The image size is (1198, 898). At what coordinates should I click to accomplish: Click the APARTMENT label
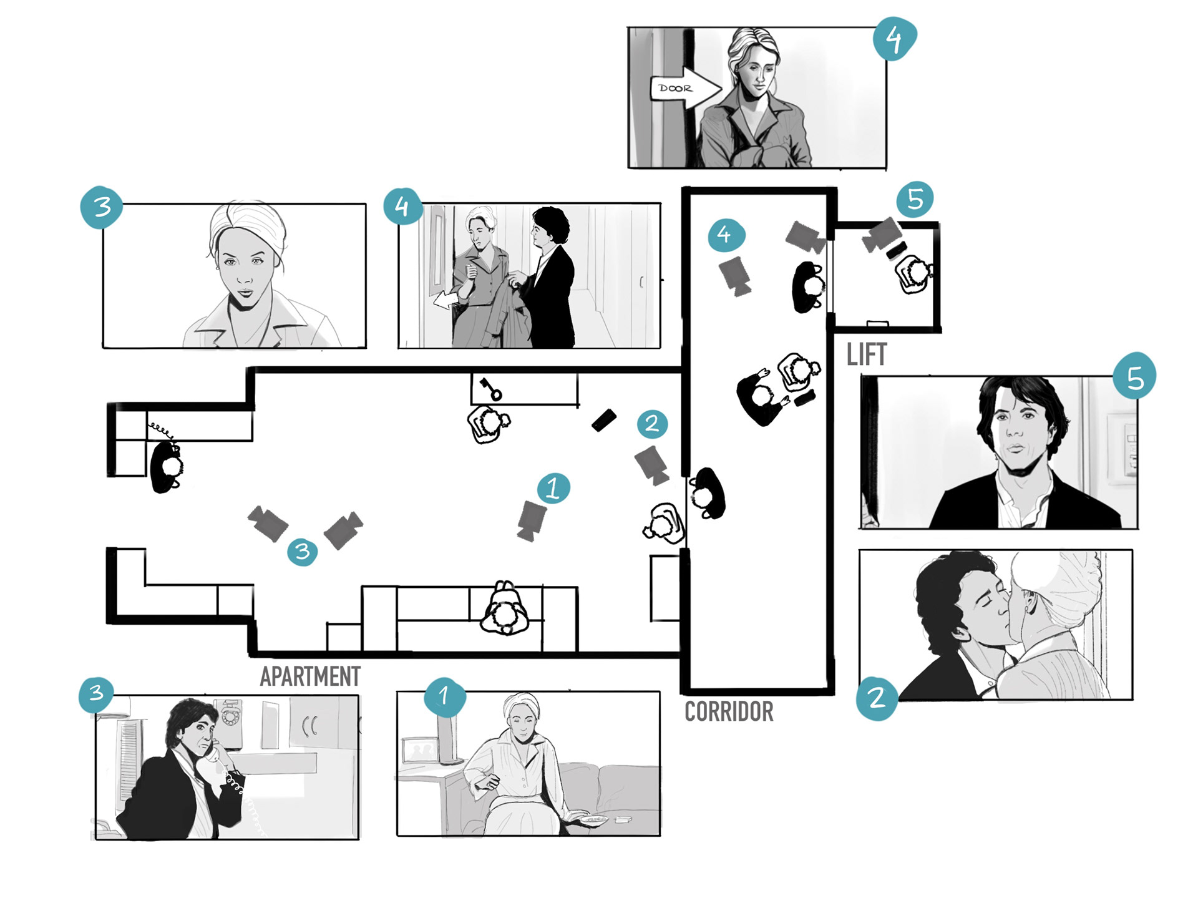click(x=310, y=676)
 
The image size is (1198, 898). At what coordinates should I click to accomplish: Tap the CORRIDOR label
click(x=729, y=711)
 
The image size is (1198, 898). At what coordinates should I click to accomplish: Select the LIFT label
click(x=866, y=355)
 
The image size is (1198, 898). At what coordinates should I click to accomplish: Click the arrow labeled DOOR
click(x=685, y=89)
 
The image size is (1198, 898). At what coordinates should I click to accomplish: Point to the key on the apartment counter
click(x=490, y=388)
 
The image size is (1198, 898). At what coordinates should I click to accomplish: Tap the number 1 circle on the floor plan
click(x=553, y=488)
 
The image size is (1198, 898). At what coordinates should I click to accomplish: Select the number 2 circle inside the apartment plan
click(x=652, y=424)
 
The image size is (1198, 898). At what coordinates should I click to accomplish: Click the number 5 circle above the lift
click(x=915, y=200)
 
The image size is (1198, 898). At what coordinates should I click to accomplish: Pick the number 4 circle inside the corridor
click(x=726, y=235)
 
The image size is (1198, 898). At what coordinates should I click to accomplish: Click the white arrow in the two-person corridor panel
click(x=444, y=300)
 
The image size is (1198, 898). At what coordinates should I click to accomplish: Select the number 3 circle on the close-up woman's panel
click(x=102, y=207)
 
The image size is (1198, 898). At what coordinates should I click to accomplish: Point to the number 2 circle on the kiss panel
click(x=877, y=698)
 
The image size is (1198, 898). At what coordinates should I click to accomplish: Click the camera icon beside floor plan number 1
click(x=531, y=519)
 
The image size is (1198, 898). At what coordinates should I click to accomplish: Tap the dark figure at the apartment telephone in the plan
click(x=167, y=466)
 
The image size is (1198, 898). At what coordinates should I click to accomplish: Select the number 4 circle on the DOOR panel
click(x=894, y=39)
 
